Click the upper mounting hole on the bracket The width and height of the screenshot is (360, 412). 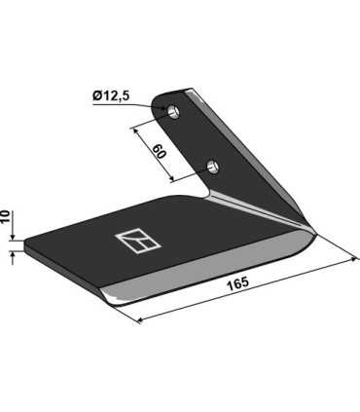coord(174,111)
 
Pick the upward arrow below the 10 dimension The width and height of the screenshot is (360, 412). coord(14,255)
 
